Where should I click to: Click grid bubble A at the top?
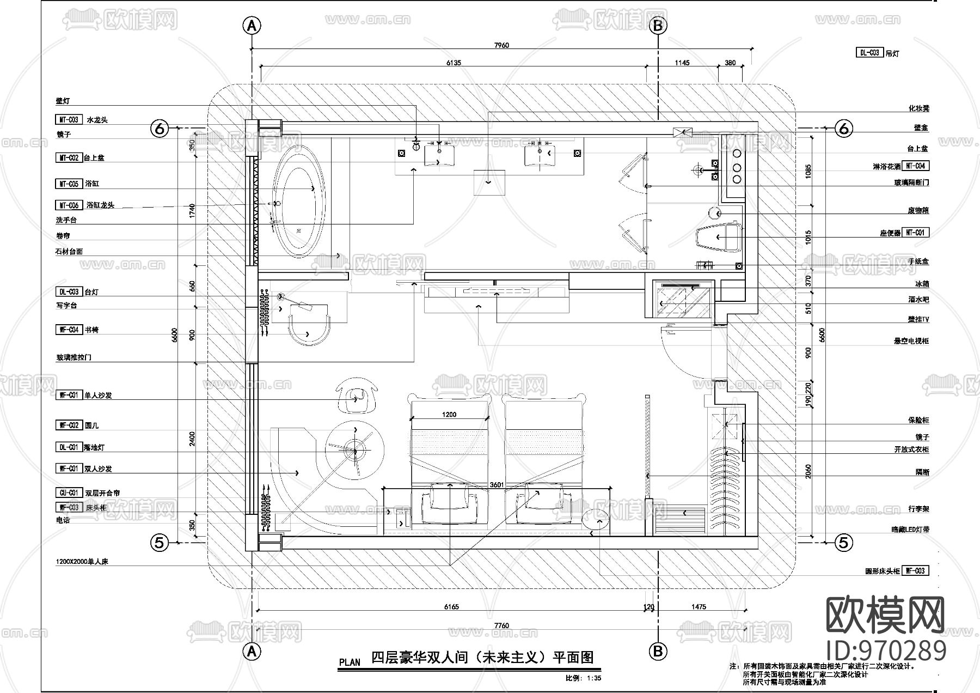251,25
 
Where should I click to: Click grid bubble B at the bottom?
658,650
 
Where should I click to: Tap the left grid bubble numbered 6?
160,129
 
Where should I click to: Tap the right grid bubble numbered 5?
843,542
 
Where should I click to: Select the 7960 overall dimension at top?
501,45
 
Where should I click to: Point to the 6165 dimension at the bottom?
451,606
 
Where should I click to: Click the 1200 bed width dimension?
449,415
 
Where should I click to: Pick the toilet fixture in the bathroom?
719,237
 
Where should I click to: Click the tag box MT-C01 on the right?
915,233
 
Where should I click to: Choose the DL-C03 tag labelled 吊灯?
869,53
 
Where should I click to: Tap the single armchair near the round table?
357,397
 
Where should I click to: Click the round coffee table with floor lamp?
355,450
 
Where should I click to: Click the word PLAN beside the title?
350,662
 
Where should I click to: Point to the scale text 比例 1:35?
583,679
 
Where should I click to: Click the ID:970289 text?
886,651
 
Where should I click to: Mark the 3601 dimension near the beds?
497,484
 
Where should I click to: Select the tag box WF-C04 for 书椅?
69,330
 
